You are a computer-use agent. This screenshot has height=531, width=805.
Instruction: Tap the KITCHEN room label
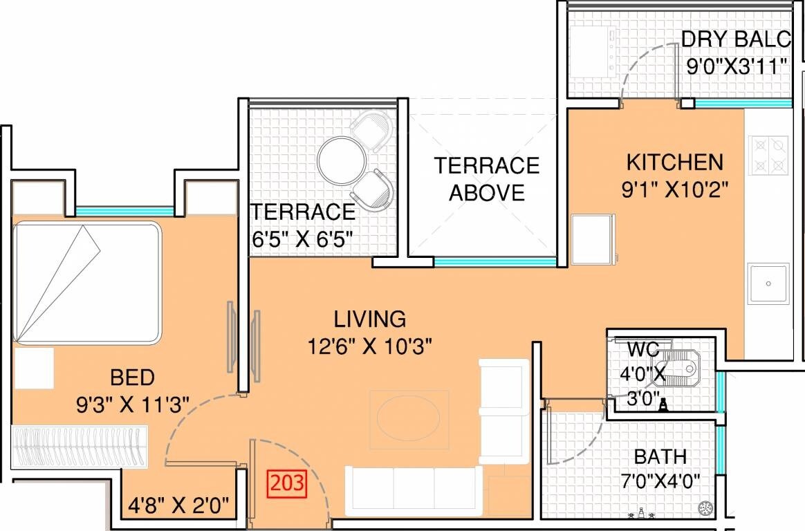point(674,162)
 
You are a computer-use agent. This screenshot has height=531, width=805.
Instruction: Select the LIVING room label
point(369,319)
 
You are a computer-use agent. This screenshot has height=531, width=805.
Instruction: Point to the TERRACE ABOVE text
point(486,179)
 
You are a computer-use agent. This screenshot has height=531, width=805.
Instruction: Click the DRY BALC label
point(735,39)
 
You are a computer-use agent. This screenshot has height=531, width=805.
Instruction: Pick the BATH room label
point(660,456)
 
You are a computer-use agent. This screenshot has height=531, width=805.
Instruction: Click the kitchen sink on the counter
point(768,283)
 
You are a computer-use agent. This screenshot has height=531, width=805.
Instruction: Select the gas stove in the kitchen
point(768,156)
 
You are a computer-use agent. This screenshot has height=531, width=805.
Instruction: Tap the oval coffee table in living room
point(408,419)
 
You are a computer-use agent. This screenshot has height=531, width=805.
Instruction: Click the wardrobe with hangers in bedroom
point(80,447)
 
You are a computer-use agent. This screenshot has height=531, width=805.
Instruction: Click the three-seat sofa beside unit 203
point(414,490)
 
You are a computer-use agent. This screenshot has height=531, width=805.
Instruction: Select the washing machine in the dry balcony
point(592,52)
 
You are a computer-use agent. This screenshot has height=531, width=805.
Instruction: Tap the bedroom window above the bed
point(124,211)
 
